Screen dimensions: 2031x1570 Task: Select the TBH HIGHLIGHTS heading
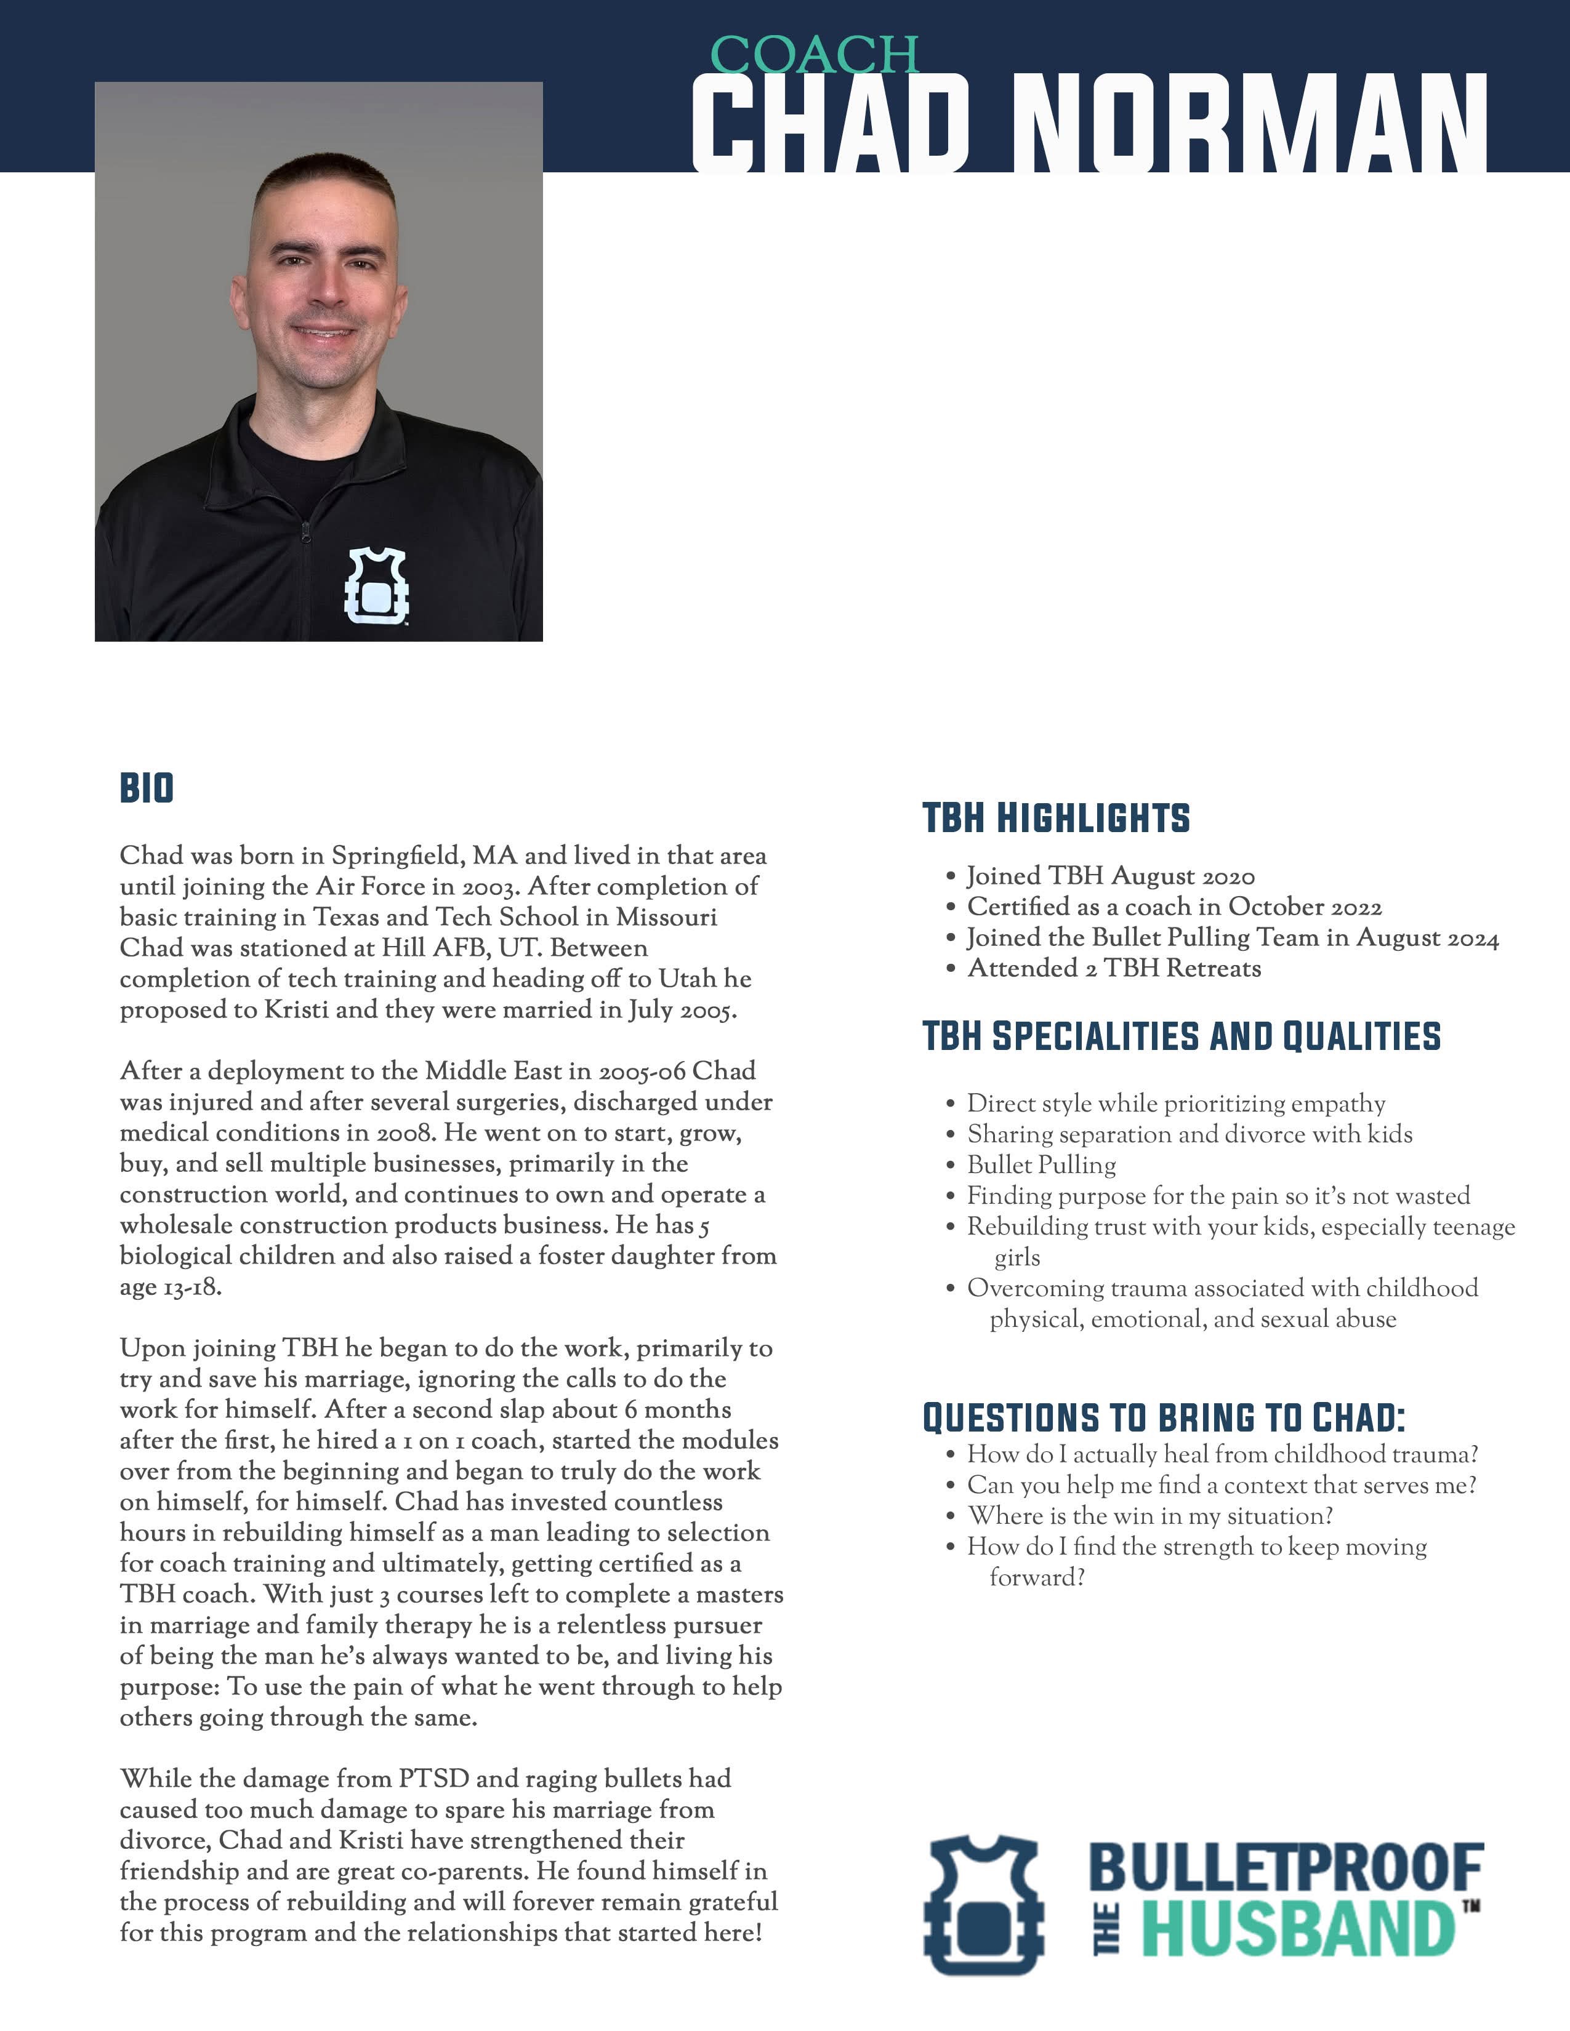click(1056, 819)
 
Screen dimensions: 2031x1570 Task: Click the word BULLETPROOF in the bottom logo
click(1286, 1867)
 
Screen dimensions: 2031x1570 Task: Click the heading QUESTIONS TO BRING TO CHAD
click(1162, 1418)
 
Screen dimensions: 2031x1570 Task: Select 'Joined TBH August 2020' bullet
click(1111, 876)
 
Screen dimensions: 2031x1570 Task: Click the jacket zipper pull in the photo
click(306, 529)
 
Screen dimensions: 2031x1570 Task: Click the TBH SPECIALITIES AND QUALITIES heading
click(1182, 1036)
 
